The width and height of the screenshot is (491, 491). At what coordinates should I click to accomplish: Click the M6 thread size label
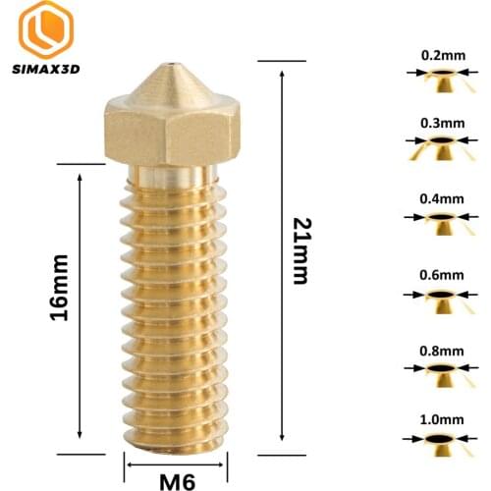pos(178,480)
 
